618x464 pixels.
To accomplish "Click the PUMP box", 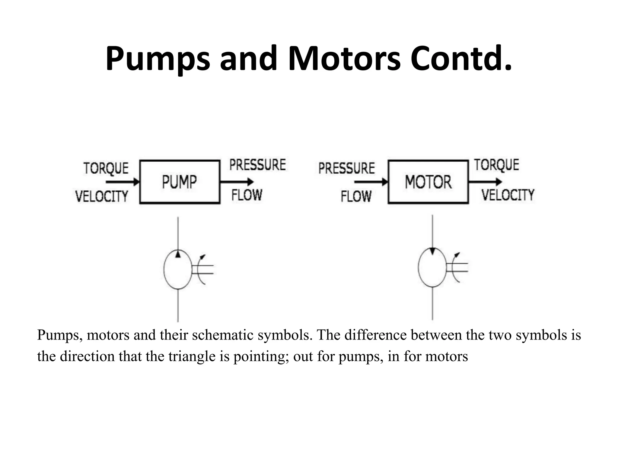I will tap(180, 182).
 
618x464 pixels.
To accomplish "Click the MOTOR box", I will tap(428, 182).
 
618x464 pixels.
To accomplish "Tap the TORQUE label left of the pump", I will tap(106, 168).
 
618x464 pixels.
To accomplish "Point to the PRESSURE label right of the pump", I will tap(257, 165).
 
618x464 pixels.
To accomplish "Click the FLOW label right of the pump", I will tap(247, 195).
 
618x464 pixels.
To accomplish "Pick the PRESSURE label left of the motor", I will tap(346, 168).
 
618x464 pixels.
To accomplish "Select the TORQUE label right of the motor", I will tap(496, 165).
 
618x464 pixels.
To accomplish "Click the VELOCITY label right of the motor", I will tap(508, 195).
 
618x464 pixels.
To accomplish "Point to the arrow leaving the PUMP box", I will tap(237, 182).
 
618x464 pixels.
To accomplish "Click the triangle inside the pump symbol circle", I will tap(178, 254).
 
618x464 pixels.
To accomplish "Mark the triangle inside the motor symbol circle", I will tap(433, 259).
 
